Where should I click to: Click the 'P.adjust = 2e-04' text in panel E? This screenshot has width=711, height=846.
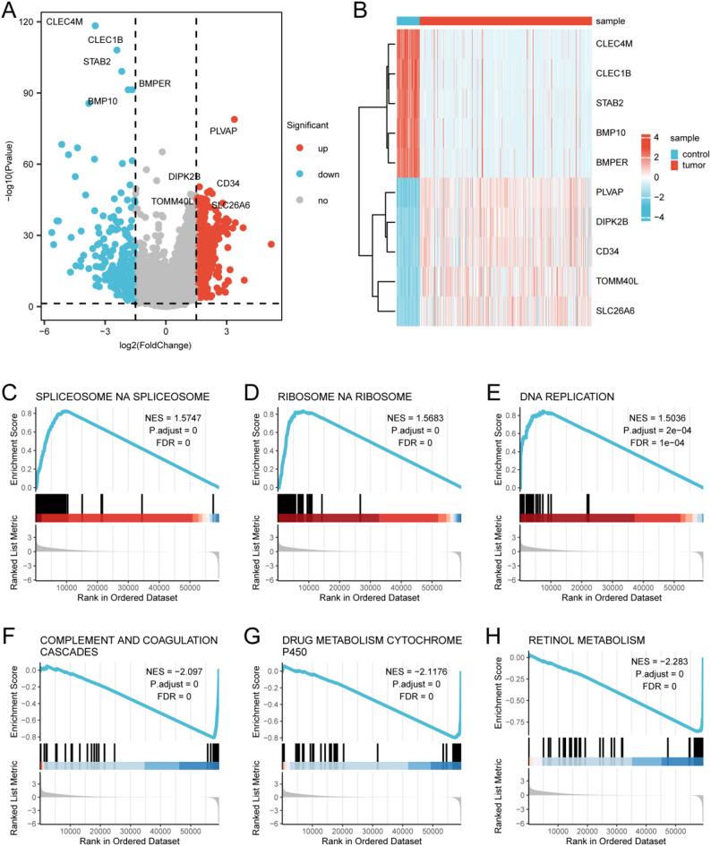[655, 431]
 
